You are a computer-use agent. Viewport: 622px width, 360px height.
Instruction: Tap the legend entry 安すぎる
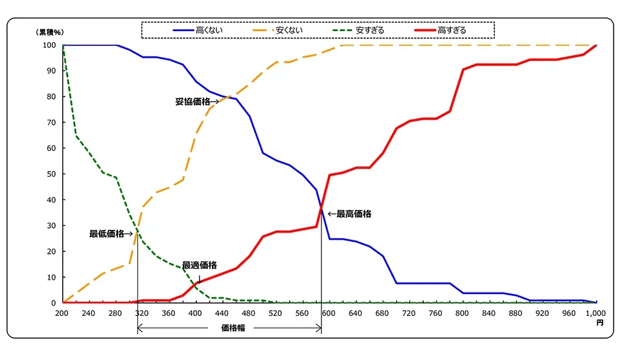(370, 30)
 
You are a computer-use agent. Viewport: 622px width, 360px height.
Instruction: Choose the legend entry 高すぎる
(452, 30)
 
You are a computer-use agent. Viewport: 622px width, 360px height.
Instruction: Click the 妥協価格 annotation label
(192, 102)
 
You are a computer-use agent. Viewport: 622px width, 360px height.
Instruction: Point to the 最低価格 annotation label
(107, 234)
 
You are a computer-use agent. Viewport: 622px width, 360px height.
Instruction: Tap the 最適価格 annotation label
(199, 265)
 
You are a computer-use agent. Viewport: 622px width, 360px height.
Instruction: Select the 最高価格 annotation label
(354, 214)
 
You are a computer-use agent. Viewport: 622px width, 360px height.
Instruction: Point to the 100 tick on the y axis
(49, 45)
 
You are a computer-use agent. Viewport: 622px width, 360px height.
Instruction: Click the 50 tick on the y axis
(51, 174)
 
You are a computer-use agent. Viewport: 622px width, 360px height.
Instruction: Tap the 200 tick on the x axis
(62, 313)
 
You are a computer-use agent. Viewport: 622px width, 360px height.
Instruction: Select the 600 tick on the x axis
(329, 313)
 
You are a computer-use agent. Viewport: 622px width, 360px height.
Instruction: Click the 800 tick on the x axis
(463, 313)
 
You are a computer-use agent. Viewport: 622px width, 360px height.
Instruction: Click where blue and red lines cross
(321, 207)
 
